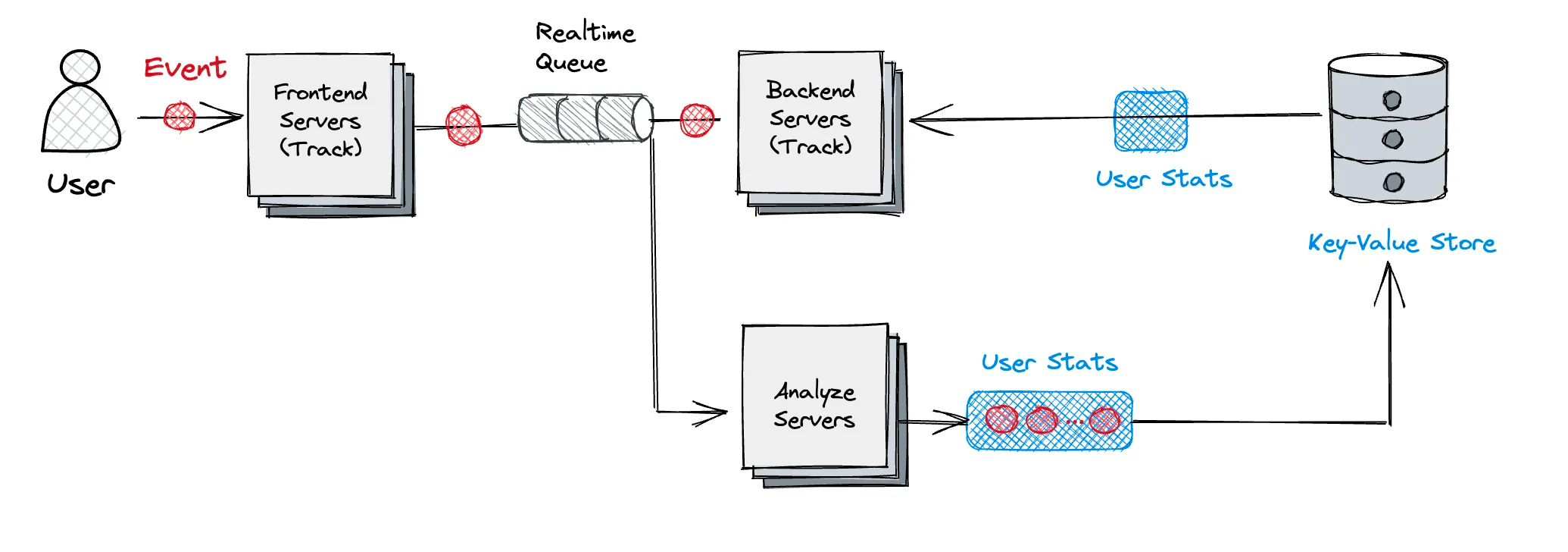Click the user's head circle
[80, 67]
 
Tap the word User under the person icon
[80, 184]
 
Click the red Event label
[185, 68]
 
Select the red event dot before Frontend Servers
[180, 117]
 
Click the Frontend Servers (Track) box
[320, 125]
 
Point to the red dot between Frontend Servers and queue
[464, 125]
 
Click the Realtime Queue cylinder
[585, 118]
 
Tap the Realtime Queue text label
[584, 47]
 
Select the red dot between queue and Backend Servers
[697, 120]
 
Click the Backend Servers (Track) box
[811, 121]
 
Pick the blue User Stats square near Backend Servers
[1151, 121]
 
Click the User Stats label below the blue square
[1164, 179]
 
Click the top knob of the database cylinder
[1392, 100]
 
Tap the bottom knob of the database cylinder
[1393, 182]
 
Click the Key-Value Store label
[1401, 243]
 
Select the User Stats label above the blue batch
[1049, 362]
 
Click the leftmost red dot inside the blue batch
[1001, 419]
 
